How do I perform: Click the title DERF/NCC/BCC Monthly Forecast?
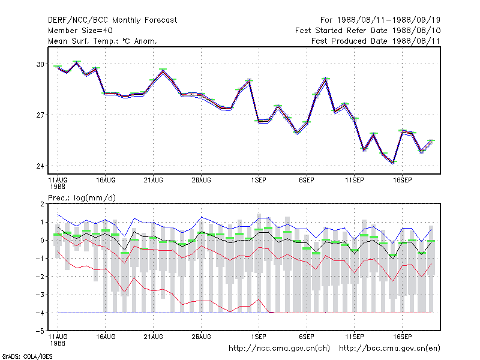112,20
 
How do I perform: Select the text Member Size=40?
80,31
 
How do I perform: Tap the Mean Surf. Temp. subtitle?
102,41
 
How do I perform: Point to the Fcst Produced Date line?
376,41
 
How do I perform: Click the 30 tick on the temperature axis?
40,64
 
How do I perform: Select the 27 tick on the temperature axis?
40,115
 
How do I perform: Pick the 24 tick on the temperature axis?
40,166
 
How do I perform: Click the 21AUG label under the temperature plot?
154,181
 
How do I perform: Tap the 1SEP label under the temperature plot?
259,181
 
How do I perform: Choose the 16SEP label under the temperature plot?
402,181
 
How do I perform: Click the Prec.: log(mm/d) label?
82,198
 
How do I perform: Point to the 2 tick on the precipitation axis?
42,204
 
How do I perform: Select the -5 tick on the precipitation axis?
40,331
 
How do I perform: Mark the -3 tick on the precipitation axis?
40,295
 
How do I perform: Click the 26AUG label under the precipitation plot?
202,337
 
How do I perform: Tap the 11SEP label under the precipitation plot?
355,337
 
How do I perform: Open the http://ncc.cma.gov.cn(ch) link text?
279,349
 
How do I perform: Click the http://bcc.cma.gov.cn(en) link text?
389,349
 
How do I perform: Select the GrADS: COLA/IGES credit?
27,356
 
